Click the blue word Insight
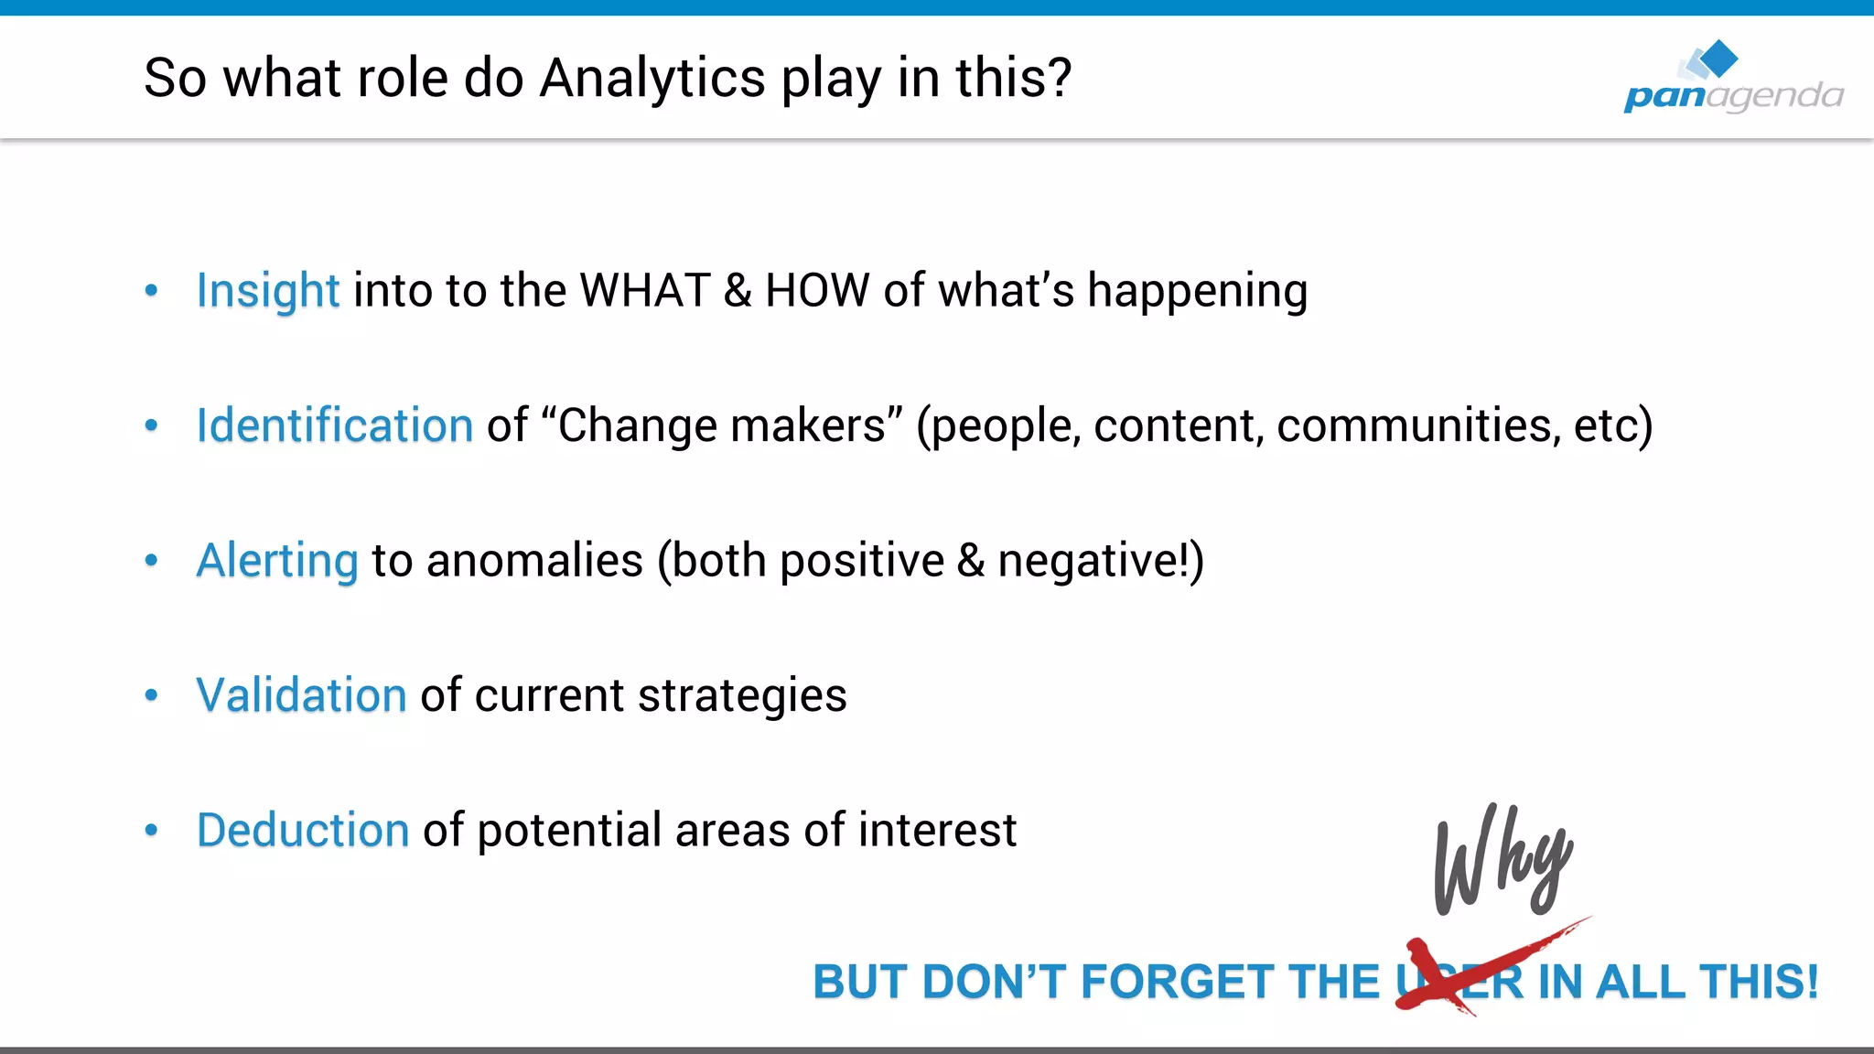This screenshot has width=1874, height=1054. (x=267, y=292)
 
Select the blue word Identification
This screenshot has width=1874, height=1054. (x=334, y=426)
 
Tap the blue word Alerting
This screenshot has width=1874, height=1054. (x=277, y=561)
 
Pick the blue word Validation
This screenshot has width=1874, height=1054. (x=301, y=695)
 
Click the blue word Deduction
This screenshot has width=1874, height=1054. (x=302, y=831)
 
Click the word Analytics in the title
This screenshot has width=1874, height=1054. (x=652, y=79)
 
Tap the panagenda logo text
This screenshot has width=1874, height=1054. (x=1733, y=95)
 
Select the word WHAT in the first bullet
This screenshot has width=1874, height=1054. (x=645, y=292)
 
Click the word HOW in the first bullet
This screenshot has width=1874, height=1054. (x=816, y=292)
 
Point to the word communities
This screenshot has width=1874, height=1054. (x=1417, y=426)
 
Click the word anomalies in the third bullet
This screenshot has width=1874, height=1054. (x=534, y=561)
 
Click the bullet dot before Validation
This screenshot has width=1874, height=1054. (x=152, y=695)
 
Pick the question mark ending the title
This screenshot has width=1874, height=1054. (x=1060, y=79)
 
